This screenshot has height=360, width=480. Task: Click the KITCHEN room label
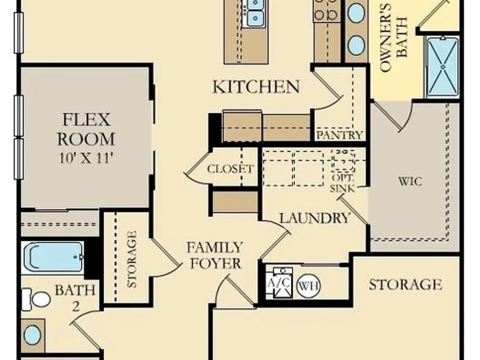256,87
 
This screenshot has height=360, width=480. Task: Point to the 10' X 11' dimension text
86,158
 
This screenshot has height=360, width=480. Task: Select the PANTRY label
339,135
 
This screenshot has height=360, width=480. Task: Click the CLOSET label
230,168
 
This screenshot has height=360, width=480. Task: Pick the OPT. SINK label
343,183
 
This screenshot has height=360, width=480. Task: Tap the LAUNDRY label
315,218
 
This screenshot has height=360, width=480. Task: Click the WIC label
410,181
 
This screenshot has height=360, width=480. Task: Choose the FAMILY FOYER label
215,256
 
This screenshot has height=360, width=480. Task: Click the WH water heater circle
308,286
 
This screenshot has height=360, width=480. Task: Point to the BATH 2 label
75,297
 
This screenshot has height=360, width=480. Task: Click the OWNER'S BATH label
394,37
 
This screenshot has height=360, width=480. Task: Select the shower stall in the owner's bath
443,67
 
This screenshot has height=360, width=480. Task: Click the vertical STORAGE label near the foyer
132,259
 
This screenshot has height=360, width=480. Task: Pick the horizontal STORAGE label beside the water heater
405,285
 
